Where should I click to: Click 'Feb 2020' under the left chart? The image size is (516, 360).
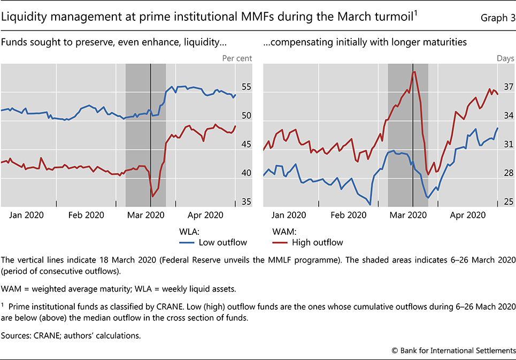[x=87, y=215]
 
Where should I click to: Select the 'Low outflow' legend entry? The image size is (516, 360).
[x=222, y=242]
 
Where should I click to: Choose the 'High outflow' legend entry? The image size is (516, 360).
[x=317, y=242]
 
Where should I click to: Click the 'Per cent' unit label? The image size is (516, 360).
[x=237, y=57]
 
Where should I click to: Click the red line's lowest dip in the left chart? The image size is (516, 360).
[x=153, y=196]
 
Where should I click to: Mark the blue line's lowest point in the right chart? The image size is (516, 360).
[x=369, y=204]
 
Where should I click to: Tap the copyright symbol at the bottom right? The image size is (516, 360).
[x=395, y=350]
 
